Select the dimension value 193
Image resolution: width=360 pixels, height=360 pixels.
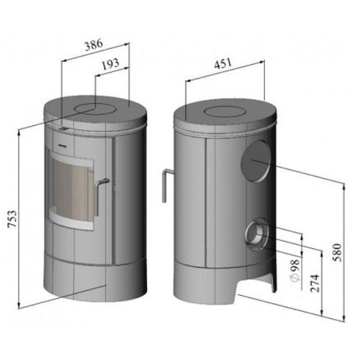tap(111, 64)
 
